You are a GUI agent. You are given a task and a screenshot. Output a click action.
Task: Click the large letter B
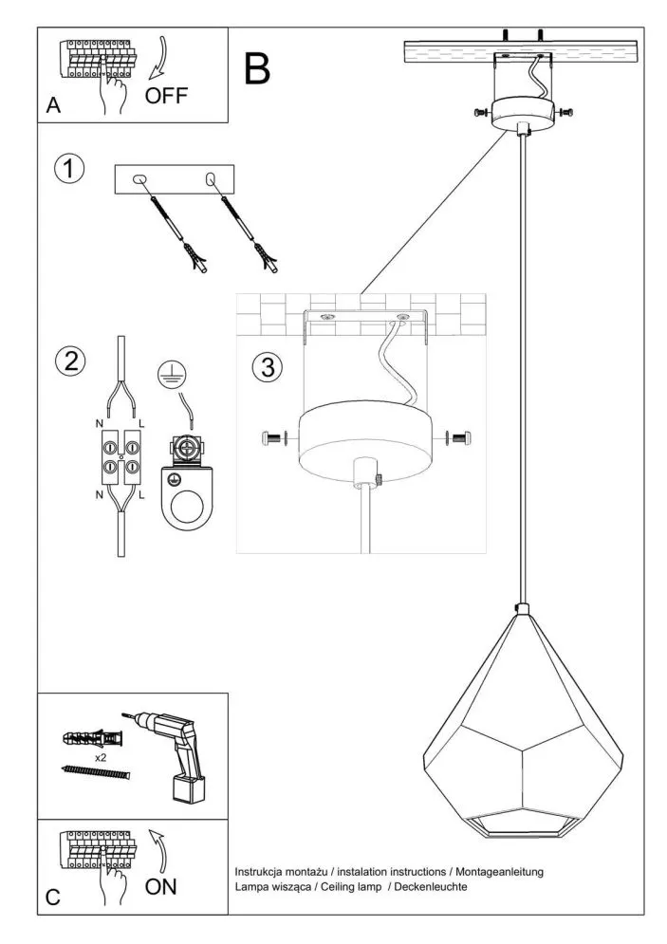coord(257,68)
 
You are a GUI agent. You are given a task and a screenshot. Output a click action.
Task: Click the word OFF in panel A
coord(166,96)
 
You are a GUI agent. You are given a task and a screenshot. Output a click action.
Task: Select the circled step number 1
coord(68,170)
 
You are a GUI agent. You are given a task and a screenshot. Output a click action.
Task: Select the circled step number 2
coord(68,361)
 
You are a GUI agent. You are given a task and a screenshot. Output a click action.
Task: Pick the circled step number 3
coord(269,367)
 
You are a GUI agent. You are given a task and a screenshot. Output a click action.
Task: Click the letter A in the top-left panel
coord(53,107)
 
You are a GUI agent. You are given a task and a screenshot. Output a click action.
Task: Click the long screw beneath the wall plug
coord(94,773)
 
